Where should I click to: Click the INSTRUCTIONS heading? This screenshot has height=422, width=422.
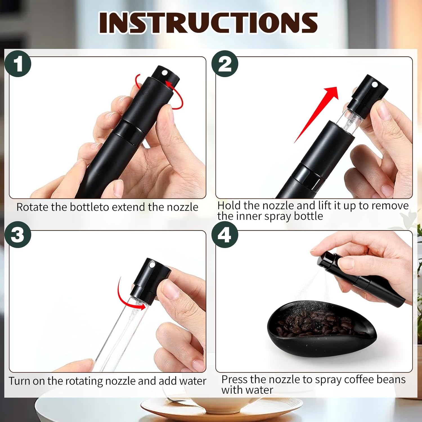pyautogui.click(x=208, y=23)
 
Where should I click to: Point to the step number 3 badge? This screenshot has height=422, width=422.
pyautogui.click(x=18, y=235)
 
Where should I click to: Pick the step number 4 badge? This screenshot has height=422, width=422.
pyautogui.click(x=225, y=235)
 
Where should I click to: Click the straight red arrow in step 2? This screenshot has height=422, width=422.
pyautogui.click(x=316, y=114)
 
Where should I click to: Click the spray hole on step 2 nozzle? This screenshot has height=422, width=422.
pyautogui.click(x=374, y=84)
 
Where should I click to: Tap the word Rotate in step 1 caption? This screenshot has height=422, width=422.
pyautogui.click(x=32, y=207)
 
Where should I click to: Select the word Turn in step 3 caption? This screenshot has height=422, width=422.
pyautogui.click(x=19, y=381)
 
